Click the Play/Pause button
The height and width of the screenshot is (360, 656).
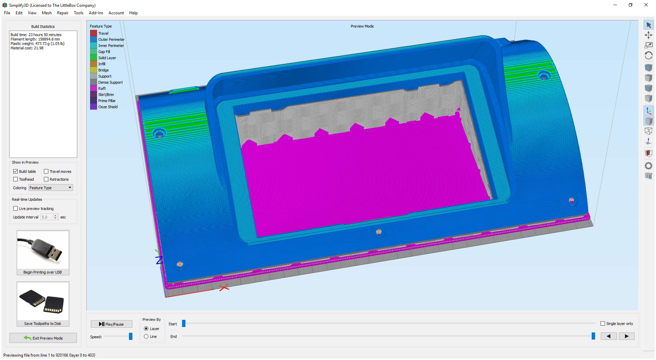111,324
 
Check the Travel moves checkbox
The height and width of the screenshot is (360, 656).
46,171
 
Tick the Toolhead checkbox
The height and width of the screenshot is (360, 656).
15,179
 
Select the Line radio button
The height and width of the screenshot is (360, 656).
146,337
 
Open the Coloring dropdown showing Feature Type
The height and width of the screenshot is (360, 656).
51,188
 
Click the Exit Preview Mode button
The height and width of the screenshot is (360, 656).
43,338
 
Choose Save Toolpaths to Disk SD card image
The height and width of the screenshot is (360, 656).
43,301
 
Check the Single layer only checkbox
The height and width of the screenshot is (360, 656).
603,324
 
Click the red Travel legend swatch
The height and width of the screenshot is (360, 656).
93,33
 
